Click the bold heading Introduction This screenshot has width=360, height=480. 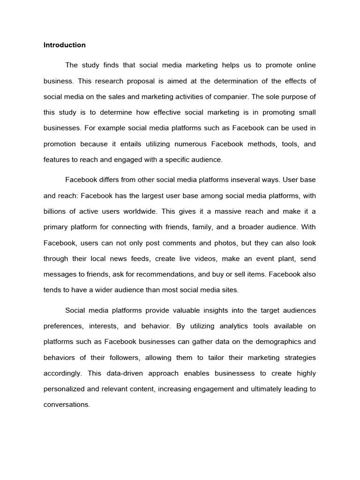coord(65,45)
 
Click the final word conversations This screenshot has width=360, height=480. coord(66,405)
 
